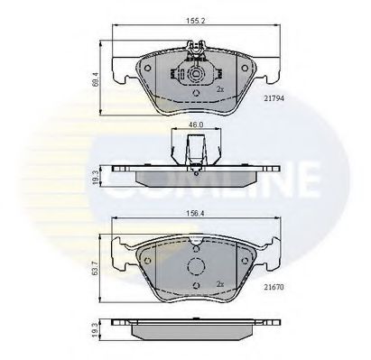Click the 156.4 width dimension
[190, 216]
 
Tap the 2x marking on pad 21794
[218, 90]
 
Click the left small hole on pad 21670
[145, 259]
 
